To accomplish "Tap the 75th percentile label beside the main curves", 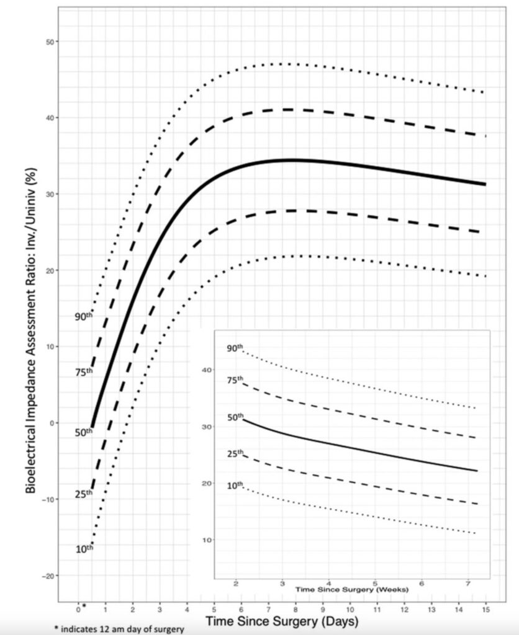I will (x=83, y=372).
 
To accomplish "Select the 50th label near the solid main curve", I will (x=83, y=432).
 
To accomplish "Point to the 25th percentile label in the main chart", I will (x=83, y=494).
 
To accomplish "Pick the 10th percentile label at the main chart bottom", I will (x=83, y=549).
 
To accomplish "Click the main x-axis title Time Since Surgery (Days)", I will (x=282, y=620).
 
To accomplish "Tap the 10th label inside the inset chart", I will (x=234, y=485).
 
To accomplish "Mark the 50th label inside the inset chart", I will (x=234, y=417).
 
